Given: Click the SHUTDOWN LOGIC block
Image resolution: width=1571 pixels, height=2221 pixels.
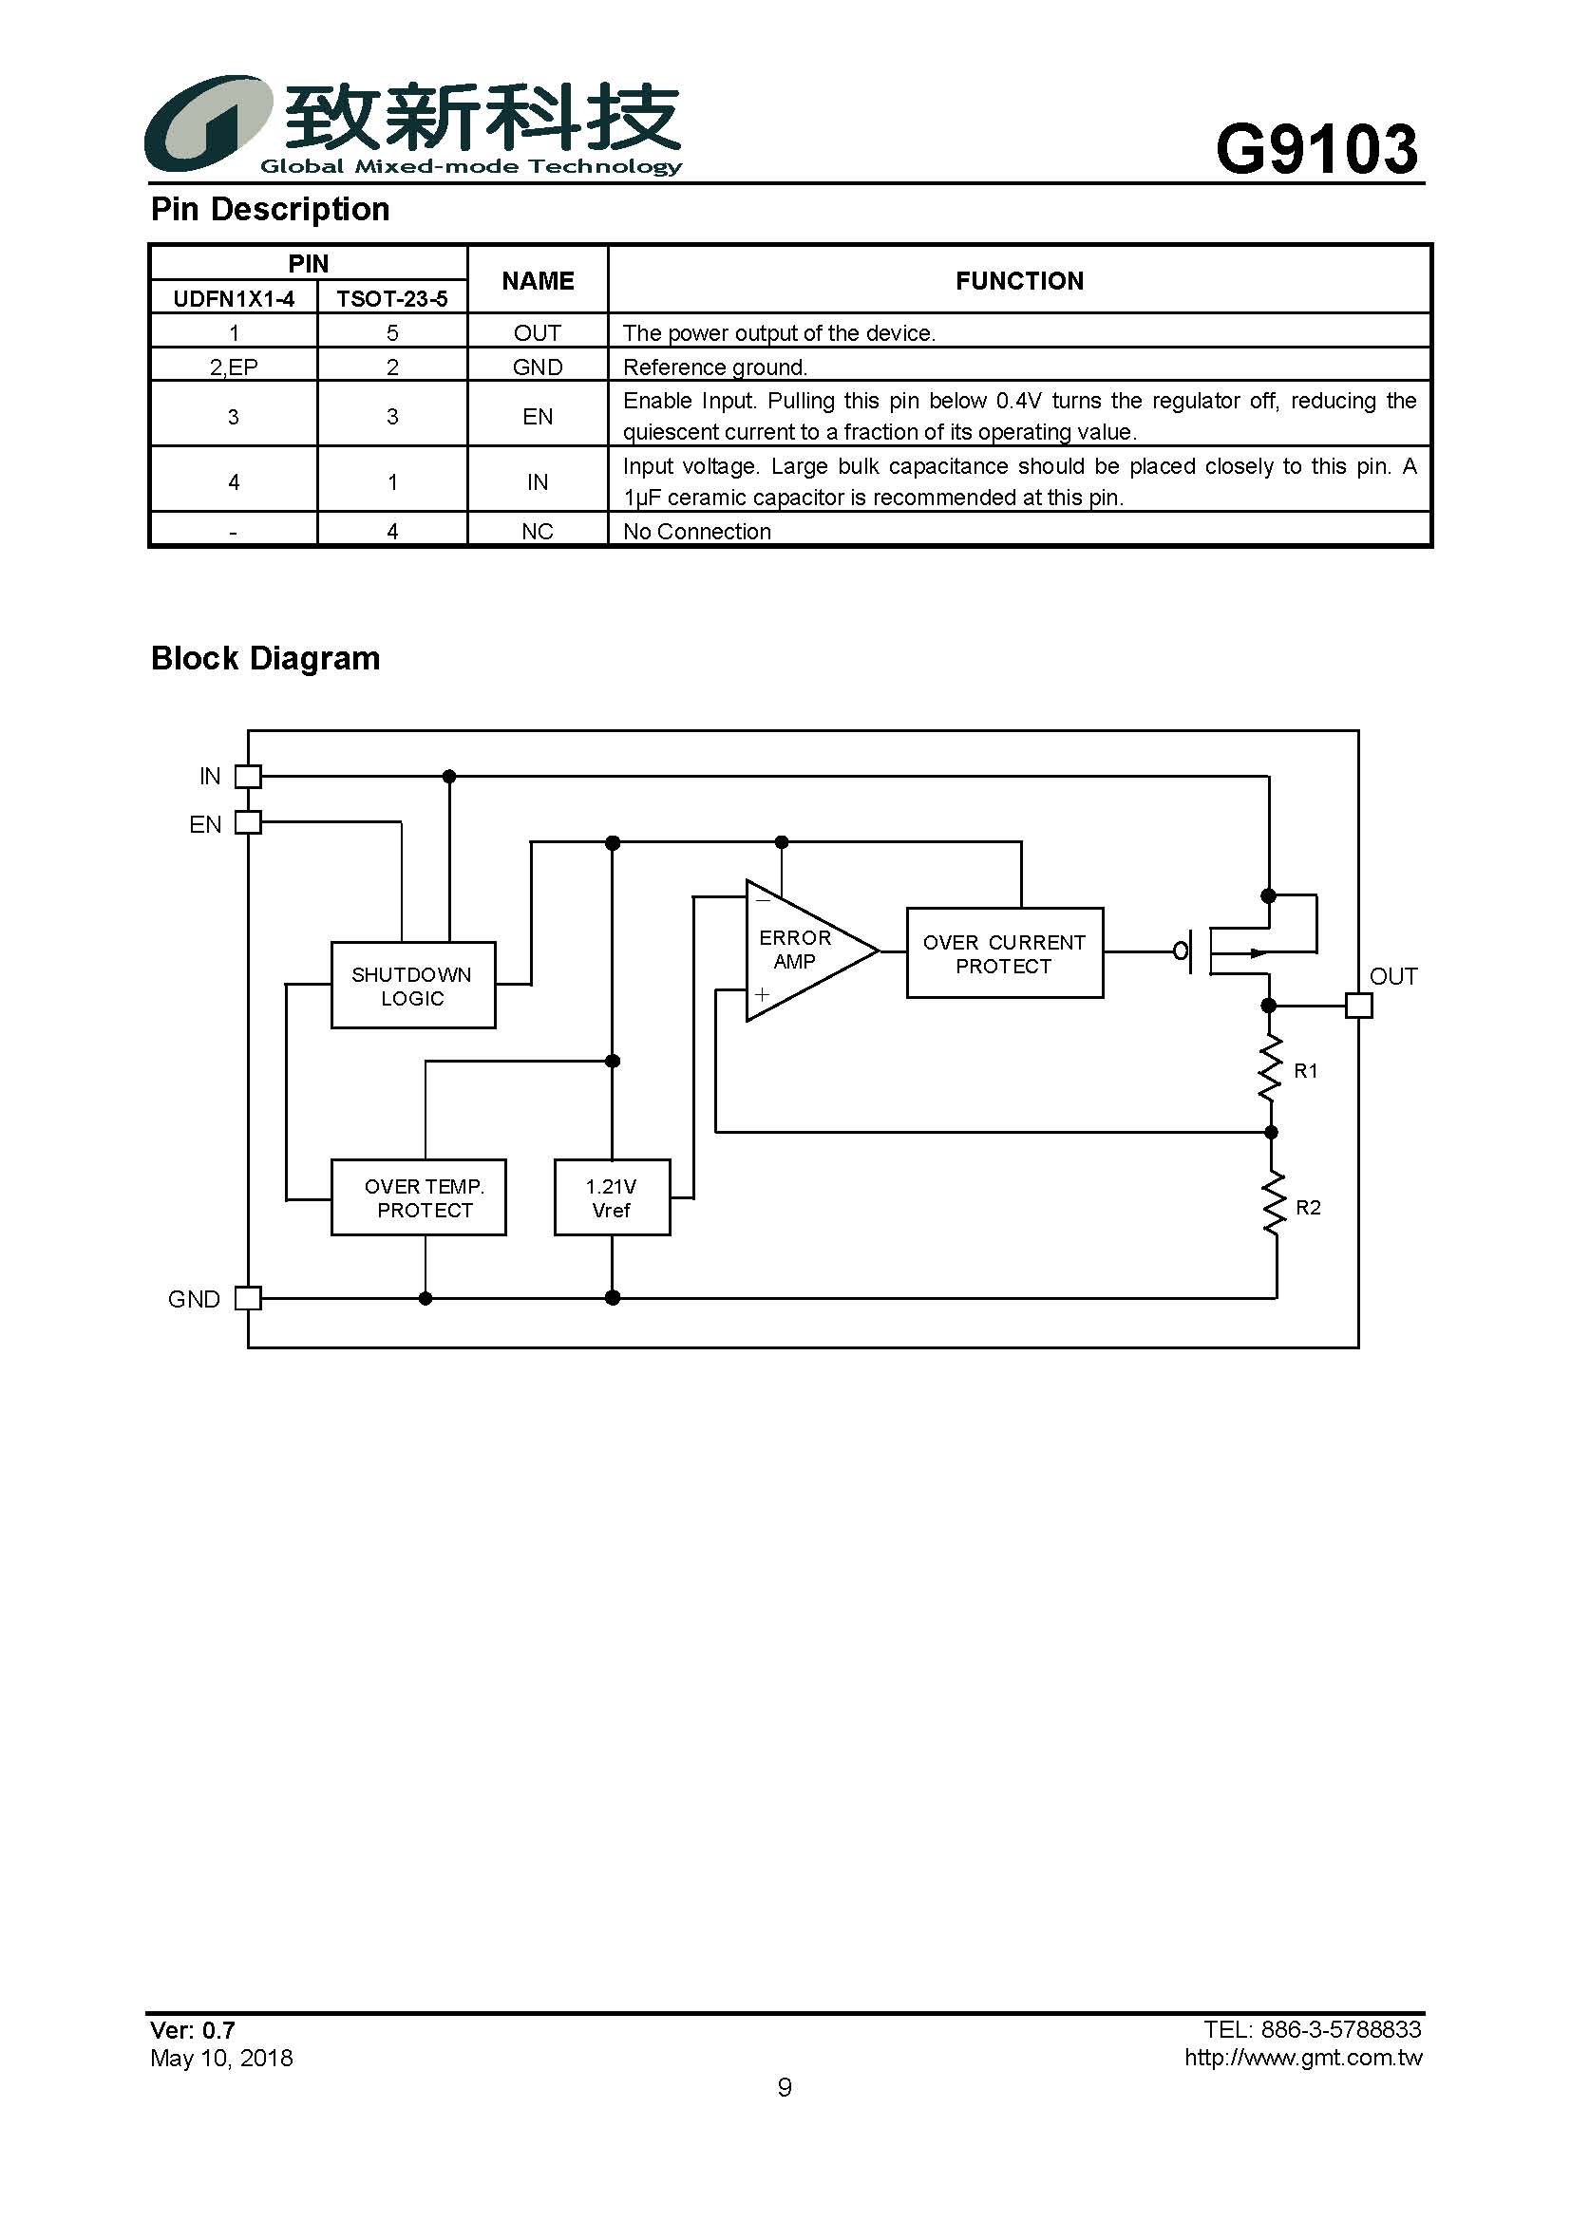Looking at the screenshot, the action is [x=413, y=985].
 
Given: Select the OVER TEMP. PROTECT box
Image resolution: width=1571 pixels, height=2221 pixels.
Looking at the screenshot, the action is [x=418, y=1197].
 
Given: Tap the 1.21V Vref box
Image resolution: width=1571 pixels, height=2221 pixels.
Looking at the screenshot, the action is [x=612, y=1197].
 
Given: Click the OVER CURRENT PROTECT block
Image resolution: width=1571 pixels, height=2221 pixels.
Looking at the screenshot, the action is [x=1004, y=952].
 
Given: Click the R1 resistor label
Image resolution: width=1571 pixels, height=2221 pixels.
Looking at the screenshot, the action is [x=1306, y=1071].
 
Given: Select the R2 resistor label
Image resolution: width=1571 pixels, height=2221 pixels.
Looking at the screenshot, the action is [x=1308, y=1207].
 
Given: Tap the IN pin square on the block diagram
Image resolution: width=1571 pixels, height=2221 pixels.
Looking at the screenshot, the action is [x=249, y=776].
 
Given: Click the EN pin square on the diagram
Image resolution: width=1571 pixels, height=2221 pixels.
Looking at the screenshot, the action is [x=249, y=822].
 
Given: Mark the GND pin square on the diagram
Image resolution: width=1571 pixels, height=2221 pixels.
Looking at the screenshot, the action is [x=249, y=1298].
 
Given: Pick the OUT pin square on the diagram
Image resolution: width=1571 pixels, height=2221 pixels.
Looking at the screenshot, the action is [x=1359, y=1006].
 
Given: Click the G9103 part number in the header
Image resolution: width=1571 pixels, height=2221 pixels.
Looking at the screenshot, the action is [x=1316, y=150].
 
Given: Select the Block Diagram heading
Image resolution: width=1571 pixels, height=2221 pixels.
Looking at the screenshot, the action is [x=266, y=659].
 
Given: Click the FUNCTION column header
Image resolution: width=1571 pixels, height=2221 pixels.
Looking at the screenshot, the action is [x=1019, y=280].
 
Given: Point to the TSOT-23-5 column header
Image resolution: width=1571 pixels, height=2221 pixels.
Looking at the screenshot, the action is [x=391, y=299].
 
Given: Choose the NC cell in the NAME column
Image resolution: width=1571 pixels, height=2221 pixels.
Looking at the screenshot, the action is [x=538, y=531].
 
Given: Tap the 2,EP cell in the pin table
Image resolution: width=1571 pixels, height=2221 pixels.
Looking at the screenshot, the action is [x=234, y=367].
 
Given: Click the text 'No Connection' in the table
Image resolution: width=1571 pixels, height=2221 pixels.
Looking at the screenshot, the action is [x=696, y=531].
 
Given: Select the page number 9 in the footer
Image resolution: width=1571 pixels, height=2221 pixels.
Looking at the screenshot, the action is [x=785, y=2087].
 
